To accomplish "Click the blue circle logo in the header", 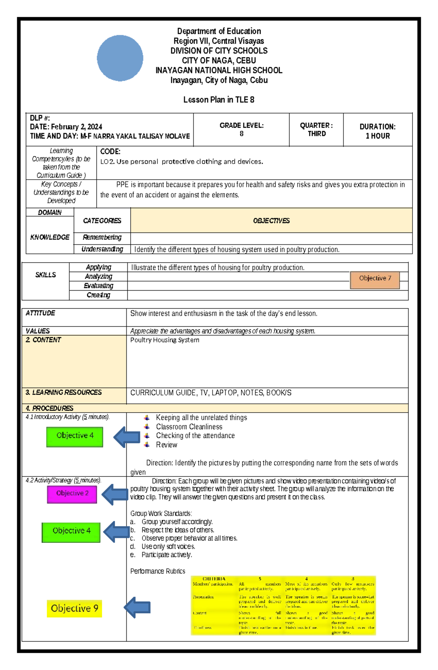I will [120, 58].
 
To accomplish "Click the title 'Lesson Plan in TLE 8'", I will [219, 100].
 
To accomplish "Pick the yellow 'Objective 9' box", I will [74, 609].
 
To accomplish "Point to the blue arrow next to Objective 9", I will [137, 608].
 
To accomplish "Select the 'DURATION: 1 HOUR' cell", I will [377, 131].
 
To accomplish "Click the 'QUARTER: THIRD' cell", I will [316, 130].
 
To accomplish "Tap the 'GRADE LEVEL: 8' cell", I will [241, 130].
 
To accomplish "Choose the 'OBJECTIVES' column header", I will [271, 221].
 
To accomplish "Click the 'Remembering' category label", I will [102, 238].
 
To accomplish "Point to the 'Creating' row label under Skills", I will [98, 295].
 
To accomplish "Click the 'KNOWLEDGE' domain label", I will [50, 237].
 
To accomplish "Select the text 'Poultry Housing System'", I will [165, 340].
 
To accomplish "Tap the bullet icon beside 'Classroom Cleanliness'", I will [147, 426].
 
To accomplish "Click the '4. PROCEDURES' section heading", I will [50, 408].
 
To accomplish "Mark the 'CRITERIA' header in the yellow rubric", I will [214, 579].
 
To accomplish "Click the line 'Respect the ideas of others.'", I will [178, 530].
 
